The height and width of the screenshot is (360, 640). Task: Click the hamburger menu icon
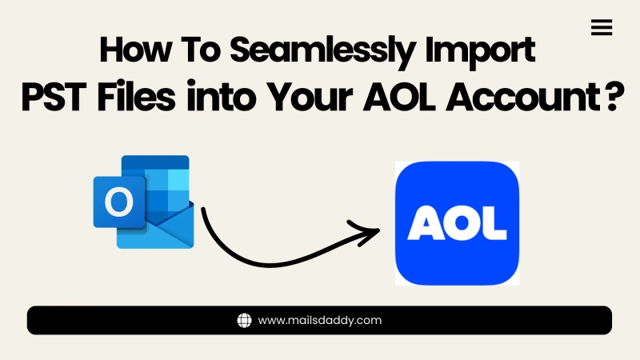coord(601,28)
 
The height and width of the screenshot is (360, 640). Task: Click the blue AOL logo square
coord(458,223)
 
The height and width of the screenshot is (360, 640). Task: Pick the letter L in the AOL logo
coord(495,224)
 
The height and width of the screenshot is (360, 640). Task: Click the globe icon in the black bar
coord(245,321)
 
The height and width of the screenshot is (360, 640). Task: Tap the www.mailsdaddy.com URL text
coord(320,321)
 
